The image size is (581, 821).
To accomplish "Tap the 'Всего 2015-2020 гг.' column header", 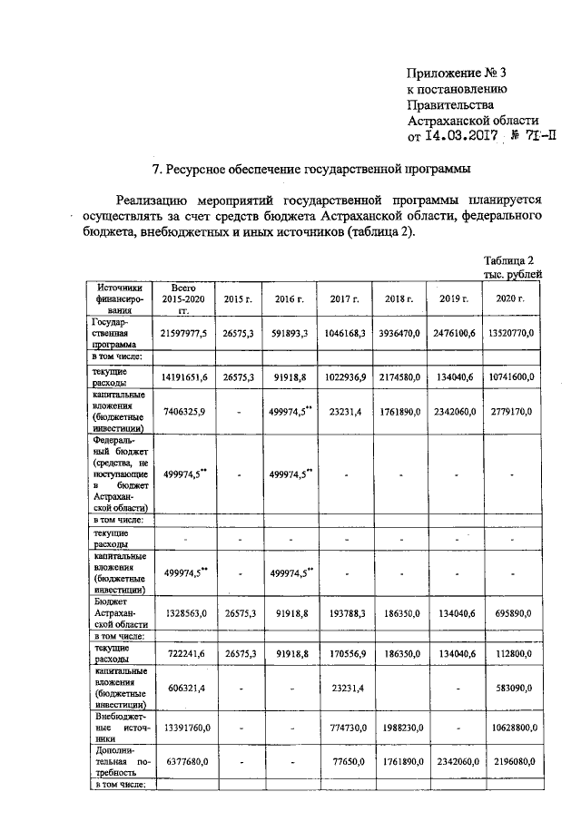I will coord(184,298).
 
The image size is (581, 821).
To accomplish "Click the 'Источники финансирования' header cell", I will coord(116,298).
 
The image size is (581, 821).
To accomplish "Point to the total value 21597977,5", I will coord(184,334).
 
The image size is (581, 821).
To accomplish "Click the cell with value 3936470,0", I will coord(399,334).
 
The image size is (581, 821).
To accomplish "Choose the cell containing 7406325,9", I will coord(184,411).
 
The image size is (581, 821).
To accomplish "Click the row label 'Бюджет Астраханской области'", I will coord(116,613).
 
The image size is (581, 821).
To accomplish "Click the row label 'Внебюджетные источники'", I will coord(116,727).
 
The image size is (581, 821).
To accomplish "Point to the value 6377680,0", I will coord(184,763).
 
